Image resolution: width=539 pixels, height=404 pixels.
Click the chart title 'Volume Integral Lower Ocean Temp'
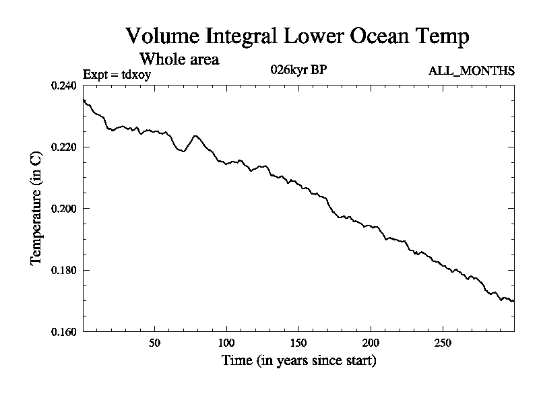[x=297, y=36]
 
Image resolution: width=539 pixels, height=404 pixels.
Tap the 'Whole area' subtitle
[x=179, y=59]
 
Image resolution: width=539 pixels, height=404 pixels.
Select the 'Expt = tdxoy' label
[x=117, y=74]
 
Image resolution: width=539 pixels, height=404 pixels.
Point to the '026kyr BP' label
[x=299, y=70]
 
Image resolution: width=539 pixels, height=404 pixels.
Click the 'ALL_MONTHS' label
[x=472, y=71]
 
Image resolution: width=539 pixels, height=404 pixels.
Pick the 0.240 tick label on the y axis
[x=65, y=86]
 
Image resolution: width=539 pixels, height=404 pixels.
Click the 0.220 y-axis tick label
[x=65, y=147]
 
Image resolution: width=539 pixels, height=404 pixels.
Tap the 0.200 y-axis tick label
[x=65, y=209]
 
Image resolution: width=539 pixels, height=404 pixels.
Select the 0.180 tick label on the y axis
[x=65, y=270]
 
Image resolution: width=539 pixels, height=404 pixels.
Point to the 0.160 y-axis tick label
[x=65, y=331]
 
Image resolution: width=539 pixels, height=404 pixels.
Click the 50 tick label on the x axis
[x=154, y=342]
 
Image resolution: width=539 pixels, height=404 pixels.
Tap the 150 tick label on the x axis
[x=298, y=342]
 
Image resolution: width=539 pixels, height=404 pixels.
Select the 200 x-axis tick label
[x=371, y=342]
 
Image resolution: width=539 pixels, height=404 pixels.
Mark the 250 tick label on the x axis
[x=443, y=342]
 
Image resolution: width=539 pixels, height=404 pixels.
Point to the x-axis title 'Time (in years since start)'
[x=298, y=361]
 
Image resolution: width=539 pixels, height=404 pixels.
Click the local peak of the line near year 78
[x=195, y=135]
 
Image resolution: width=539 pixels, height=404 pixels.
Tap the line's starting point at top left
[x=84, y=100]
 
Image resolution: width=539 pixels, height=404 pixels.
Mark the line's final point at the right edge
[x=514, y=302]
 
